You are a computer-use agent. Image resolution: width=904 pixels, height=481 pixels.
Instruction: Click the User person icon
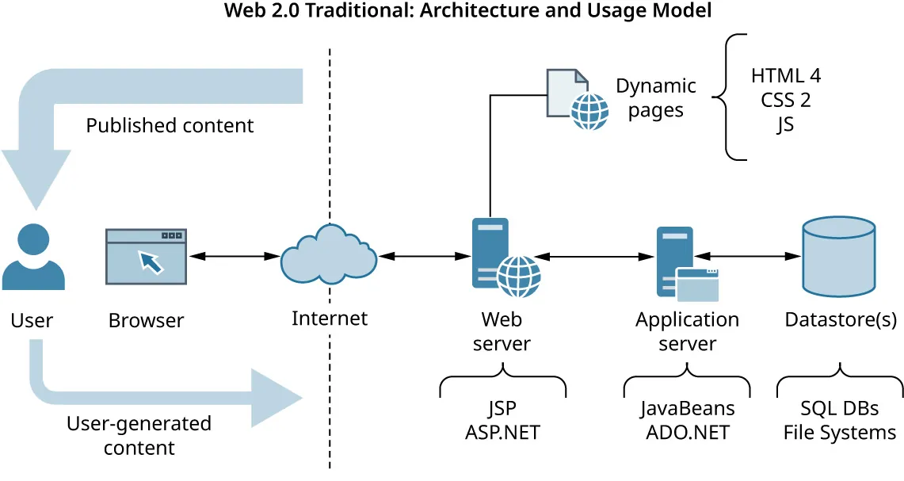click(32, 258)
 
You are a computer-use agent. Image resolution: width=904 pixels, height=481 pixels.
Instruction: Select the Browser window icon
click(146, 257)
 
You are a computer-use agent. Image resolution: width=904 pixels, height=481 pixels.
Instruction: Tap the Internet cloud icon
click(329, 255)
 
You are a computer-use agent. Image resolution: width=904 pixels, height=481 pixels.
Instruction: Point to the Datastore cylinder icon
click(838, 254)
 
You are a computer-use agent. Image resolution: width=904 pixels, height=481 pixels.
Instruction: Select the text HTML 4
click(785, 76)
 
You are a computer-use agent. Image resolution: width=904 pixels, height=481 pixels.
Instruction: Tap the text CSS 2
click(785, 101)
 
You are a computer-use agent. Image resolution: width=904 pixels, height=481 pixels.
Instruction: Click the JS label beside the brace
click(785, 125)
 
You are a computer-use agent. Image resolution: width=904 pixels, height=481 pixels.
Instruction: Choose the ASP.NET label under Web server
click(502, 433)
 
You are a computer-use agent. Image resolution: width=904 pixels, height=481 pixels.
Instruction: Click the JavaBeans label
click(687, 409)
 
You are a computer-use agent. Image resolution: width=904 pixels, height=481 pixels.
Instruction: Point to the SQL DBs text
click(839, 409)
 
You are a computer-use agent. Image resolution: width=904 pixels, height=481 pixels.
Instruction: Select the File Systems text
click(839, 433)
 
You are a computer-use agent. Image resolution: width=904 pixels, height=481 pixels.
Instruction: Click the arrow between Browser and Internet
click(234, 256)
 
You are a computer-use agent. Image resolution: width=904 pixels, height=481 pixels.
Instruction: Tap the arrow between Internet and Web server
click(425, 256)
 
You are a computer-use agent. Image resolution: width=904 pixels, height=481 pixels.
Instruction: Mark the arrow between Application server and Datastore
click(750, 256)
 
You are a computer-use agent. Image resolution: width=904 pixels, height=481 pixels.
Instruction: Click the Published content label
click(170, 125)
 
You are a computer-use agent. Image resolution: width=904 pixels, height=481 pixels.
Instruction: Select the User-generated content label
click(139, 435)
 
